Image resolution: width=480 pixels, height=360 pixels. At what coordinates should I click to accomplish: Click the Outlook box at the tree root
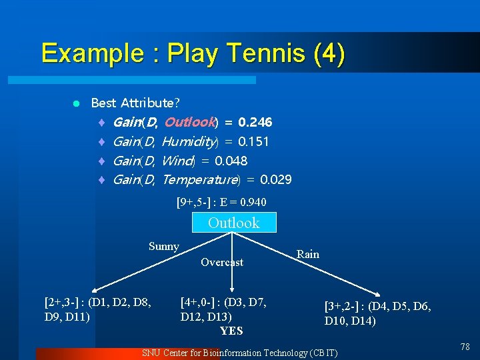coord(233,223)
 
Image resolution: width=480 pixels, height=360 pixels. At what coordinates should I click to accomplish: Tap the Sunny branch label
coord(164,247)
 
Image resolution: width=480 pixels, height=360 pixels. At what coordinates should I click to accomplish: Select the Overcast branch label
coord(222,263)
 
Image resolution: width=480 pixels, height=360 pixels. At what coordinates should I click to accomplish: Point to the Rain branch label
coord(308,254)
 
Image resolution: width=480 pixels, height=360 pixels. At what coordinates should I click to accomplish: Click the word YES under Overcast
coord(231,331)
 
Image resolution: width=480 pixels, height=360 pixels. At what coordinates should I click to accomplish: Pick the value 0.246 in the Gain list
coord(255,123)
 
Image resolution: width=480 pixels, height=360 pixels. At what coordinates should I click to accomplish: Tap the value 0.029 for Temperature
coord(276,179)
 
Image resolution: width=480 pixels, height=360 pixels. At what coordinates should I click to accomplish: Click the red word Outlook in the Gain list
coord(189,123)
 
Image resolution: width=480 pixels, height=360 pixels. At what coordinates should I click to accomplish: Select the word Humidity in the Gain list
coord(189,141)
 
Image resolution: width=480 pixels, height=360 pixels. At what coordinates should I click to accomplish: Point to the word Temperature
coord(199,179)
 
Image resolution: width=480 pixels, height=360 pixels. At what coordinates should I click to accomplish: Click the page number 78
coord(465,347)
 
